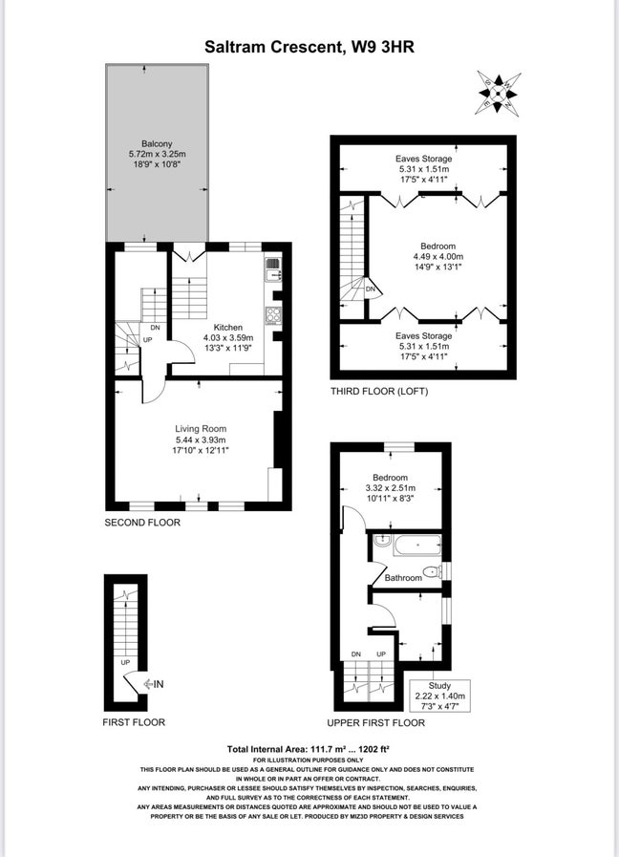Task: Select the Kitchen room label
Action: [227, 327]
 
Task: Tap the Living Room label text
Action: [200, 429]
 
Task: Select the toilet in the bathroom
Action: [432, 572]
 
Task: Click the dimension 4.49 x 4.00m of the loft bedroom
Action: [438, 256]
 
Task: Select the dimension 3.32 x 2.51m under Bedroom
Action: [390, 488]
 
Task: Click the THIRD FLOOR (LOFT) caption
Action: [379, 392]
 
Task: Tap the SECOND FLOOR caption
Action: [142, 523]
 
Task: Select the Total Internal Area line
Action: [309, 748]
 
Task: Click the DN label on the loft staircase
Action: [370, 289]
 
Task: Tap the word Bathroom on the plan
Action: [403, 578]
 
